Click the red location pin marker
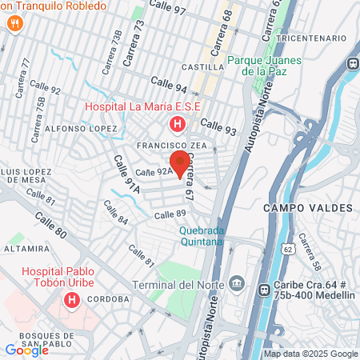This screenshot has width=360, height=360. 180,163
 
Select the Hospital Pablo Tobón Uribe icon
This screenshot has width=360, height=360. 72,301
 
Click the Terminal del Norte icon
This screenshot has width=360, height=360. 236,283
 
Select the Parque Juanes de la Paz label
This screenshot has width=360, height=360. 264,66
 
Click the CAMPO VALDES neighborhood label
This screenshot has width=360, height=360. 307,208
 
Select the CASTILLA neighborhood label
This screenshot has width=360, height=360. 203,66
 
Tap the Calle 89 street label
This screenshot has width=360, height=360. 170,214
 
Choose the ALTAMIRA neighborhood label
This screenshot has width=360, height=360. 26,249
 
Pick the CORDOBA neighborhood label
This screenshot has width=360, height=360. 110,299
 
